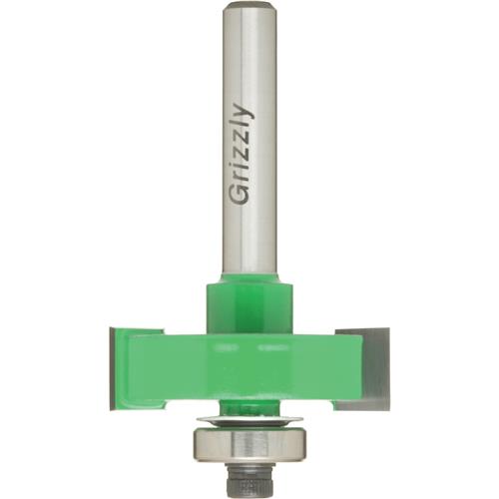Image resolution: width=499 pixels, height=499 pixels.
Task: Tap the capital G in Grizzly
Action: pyautogui.click(x=241, y=192)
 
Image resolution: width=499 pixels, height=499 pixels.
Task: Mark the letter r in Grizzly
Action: pyautogui.click(x=242, y=176)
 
